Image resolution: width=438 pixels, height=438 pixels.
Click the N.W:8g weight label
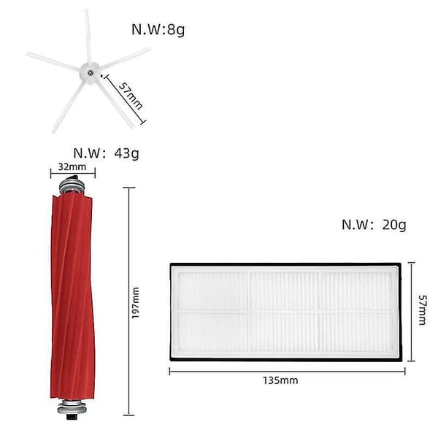pyautogui.click(x=158, y=30)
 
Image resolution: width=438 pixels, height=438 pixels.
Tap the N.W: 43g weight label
pyautogui.click(x=106, y=153)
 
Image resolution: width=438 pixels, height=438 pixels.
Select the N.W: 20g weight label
pyautogui.click(x=374, y=225)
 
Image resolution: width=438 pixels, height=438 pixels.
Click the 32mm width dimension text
pyautogui.click(x=72, y=166)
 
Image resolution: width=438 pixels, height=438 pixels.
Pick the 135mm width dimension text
pyautogui.click(x=280, y=380)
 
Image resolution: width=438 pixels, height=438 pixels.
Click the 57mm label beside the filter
pyautogui.click(x=422, y=310)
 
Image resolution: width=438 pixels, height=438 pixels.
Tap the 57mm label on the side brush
pyautogui.click(x=131, y=96)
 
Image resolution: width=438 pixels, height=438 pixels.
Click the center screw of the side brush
pyautogui.click(x=90, y=73)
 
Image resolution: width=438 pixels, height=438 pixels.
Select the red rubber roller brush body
pyautogui.click(x=72, y=296)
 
